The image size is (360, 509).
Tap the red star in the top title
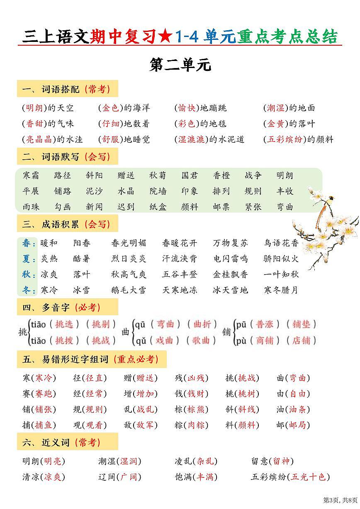click(166, 37)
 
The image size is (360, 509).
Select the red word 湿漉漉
click(191, 139)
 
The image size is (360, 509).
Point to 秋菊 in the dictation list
click(158, 175)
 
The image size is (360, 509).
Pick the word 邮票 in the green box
click(221, 207)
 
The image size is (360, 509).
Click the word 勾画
click(63, 207)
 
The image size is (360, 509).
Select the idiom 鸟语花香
click(281, 243)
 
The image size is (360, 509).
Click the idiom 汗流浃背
click(180, 259)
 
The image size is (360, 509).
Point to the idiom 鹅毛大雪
click(129, 290)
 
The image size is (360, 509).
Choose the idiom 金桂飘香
click(230, 275)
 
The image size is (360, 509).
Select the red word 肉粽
click(197, 425)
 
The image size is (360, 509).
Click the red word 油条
click(297, 409)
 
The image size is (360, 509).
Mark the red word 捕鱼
click(45, 425)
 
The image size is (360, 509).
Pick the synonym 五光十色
click(308, 477)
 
